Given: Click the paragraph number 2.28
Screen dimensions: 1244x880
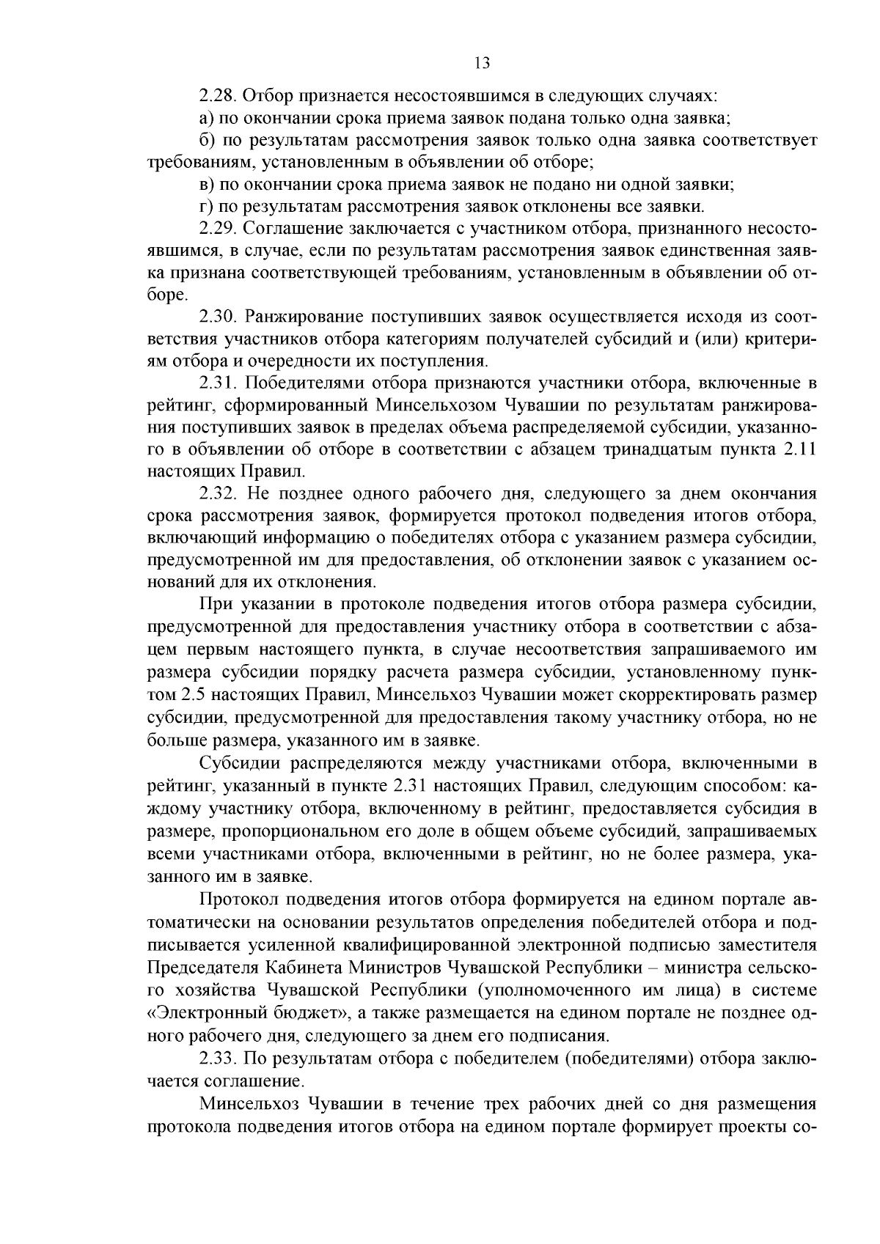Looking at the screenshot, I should [216, 96].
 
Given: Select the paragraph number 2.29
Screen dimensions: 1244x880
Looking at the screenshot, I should [216, 229].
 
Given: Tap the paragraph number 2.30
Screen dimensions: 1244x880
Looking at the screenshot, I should [217, 317].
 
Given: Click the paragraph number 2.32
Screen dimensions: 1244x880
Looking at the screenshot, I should [217, 493].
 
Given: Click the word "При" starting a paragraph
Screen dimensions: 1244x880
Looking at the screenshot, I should [213, 604].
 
